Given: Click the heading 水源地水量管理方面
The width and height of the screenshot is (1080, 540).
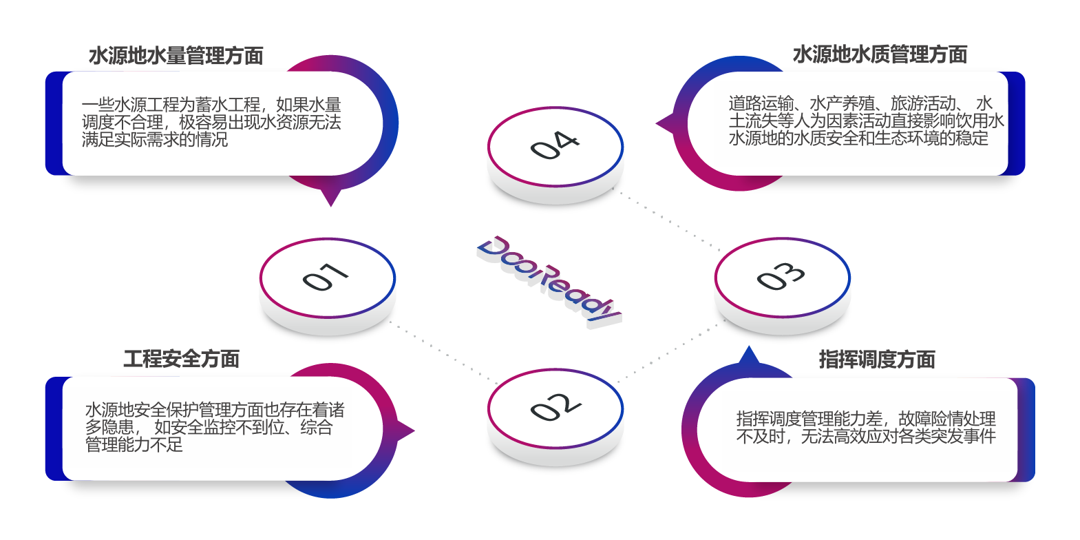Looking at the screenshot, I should pos(176,56).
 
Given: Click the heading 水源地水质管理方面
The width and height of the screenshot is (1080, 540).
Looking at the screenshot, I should pos(880,54).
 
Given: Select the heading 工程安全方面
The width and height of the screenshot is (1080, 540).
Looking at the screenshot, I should pos(182,359).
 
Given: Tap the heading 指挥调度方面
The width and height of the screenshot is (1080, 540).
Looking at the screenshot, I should pos(877,360).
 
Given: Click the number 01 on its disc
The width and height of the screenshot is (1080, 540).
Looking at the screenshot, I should pos(326,277).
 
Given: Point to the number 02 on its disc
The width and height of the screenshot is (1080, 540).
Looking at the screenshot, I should pos(555,407).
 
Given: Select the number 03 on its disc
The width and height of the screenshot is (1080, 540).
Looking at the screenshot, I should pos(781,276).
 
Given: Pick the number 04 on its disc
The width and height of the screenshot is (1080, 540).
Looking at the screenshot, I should pos(555,145).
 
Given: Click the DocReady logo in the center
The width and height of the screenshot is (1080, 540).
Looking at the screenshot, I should pos(549,281).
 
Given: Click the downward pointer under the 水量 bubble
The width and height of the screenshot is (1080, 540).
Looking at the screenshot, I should pos(331,198).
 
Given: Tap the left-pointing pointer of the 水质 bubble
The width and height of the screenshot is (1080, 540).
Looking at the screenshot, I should pos(664,124).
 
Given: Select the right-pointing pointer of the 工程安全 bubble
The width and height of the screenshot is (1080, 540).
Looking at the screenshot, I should pos(407,431).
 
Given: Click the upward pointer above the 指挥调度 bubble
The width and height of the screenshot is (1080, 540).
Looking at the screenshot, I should pos(749,355).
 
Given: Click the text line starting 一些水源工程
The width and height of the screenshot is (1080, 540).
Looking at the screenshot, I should pos(211,105).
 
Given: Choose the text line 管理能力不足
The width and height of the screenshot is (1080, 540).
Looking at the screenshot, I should pos(134,445).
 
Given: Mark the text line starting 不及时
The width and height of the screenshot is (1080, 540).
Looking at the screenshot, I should pos(866,436).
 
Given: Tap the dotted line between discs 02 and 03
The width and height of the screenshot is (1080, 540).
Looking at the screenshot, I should pos(664,355).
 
